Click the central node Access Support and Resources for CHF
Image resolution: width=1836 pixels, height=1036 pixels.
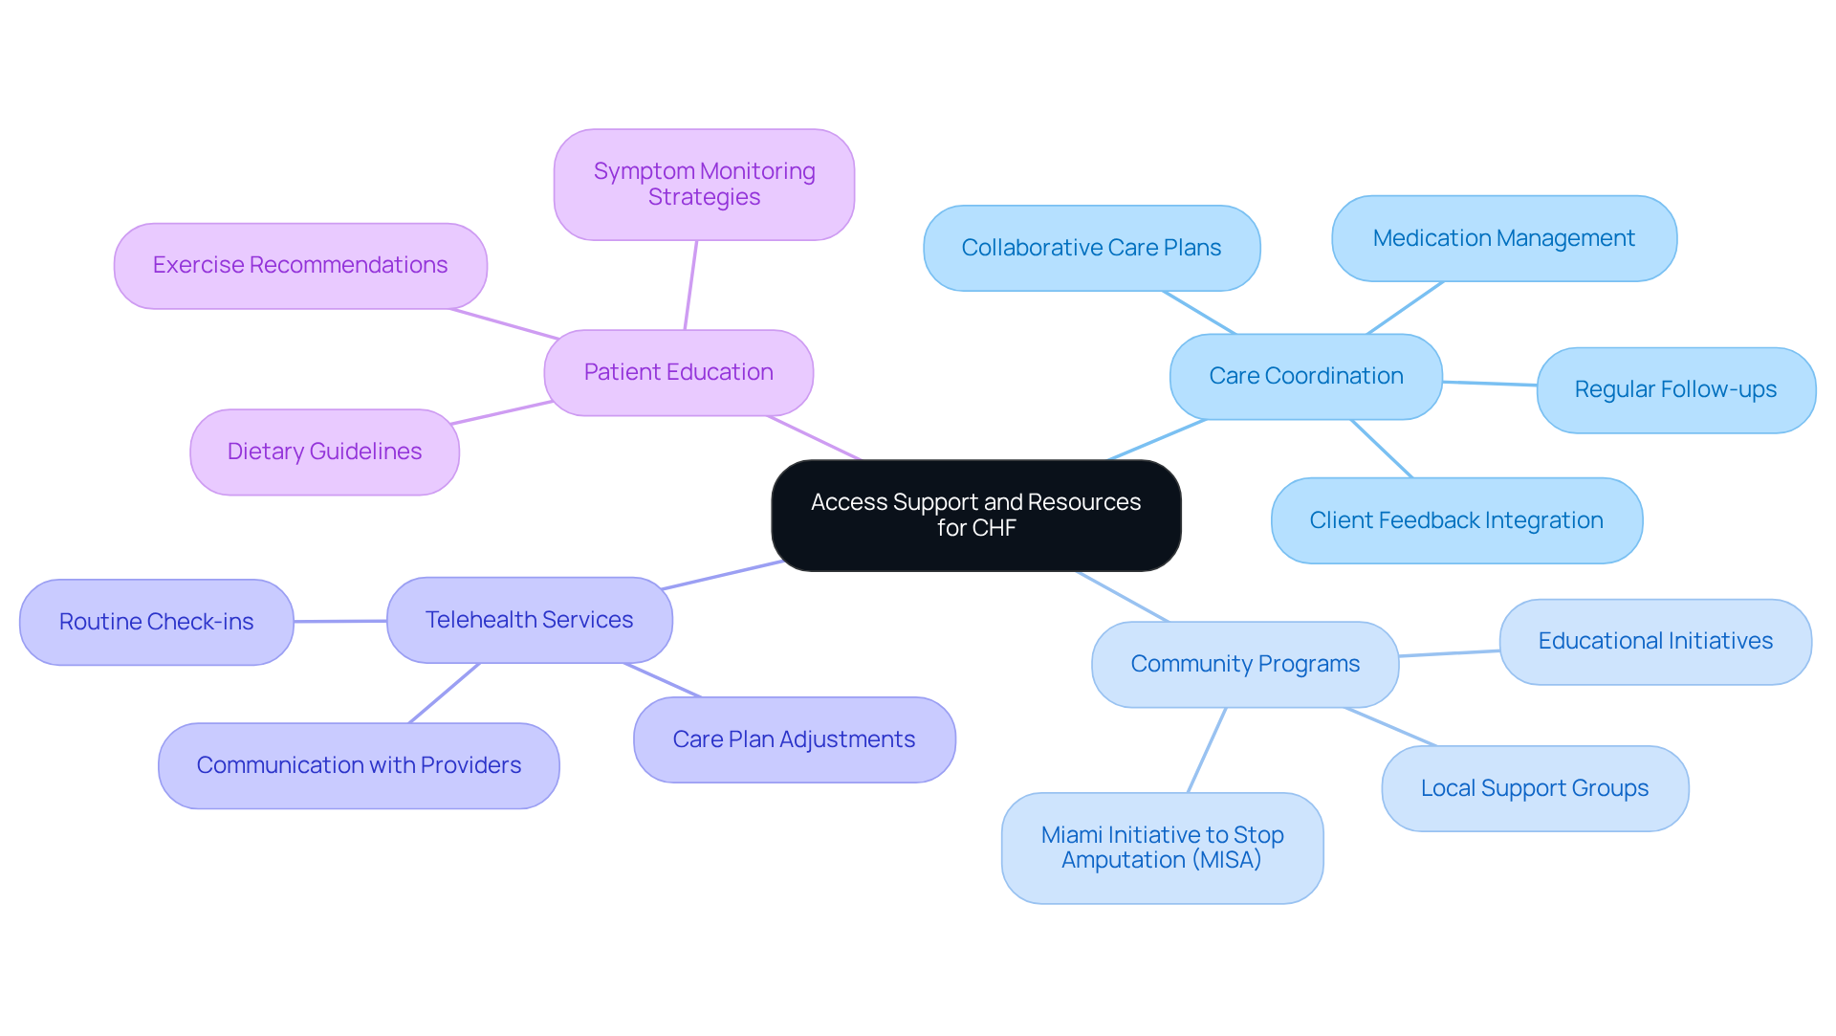coord(975,516)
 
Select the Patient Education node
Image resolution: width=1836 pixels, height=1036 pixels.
coord(678,373)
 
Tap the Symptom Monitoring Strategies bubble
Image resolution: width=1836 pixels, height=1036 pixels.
coord(704,185)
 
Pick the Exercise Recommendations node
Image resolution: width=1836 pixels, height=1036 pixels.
coord(300,266)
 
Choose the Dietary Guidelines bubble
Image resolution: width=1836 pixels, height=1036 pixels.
coord(324,452)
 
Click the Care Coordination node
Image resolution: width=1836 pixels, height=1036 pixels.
coord(1305,376)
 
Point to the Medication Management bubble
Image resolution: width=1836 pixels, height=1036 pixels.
coord(1503,238)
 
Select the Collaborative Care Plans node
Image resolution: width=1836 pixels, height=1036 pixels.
coord(1091,248)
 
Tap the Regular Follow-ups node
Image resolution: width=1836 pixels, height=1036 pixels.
coord(1675,390)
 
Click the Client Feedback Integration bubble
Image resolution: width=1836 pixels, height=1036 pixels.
coord(1455,520)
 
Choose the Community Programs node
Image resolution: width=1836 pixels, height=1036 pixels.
coord(1244,664)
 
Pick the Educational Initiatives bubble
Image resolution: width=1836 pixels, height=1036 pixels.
coord(1654,641)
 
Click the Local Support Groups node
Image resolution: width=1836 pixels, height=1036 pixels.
coord(1534,788)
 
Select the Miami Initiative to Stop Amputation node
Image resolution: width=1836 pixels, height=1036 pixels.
coord(1162,848)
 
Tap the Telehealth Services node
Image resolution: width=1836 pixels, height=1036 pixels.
coord(529,620)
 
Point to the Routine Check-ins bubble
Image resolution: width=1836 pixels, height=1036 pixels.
coord(156,622)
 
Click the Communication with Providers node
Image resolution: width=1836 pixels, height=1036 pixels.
coord(359,765)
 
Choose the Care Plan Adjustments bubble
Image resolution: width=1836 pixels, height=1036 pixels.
coord(794,739)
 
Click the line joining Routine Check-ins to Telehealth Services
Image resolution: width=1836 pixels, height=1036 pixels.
coord(339,621)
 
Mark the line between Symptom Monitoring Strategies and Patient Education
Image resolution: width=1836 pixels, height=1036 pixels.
coord(690,285)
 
